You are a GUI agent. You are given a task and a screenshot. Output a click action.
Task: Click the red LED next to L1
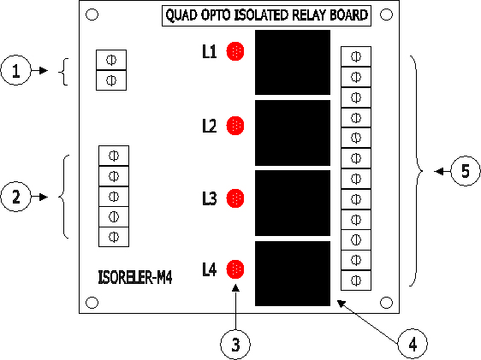coord(235,51)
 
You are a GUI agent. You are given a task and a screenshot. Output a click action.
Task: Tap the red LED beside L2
coord(235,126)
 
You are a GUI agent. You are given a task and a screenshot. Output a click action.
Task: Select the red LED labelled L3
coord(235,198)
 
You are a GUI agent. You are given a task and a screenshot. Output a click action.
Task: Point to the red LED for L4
coord(235,269)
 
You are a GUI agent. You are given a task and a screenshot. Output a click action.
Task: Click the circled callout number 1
coord(16,70)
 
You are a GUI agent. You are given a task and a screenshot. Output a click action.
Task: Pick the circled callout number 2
coord(16,197)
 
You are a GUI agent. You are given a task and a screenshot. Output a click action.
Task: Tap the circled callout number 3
coord(235,345)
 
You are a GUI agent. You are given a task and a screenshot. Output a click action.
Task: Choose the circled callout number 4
coord(413,344)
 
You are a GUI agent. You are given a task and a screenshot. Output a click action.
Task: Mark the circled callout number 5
coord(466,171)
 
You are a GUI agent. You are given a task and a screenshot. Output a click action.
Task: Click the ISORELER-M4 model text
coord(135,277)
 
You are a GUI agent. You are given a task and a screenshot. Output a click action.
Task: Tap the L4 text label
coord(210,269)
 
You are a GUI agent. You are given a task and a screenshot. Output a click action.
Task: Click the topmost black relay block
coord(293,62)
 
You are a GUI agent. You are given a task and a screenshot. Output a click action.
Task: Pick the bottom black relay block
coord(293,274)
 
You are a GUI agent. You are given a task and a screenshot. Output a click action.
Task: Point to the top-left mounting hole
coord(92,15)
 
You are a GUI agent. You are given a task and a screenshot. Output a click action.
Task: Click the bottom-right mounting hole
coord(386,303)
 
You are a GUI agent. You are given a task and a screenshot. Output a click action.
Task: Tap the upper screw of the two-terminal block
coord(111,60)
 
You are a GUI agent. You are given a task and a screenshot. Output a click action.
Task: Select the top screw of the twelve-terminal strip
coord(356,56)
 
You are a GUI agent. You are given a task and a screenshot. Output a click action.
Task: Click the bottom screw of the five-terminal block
coord(114,237)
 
